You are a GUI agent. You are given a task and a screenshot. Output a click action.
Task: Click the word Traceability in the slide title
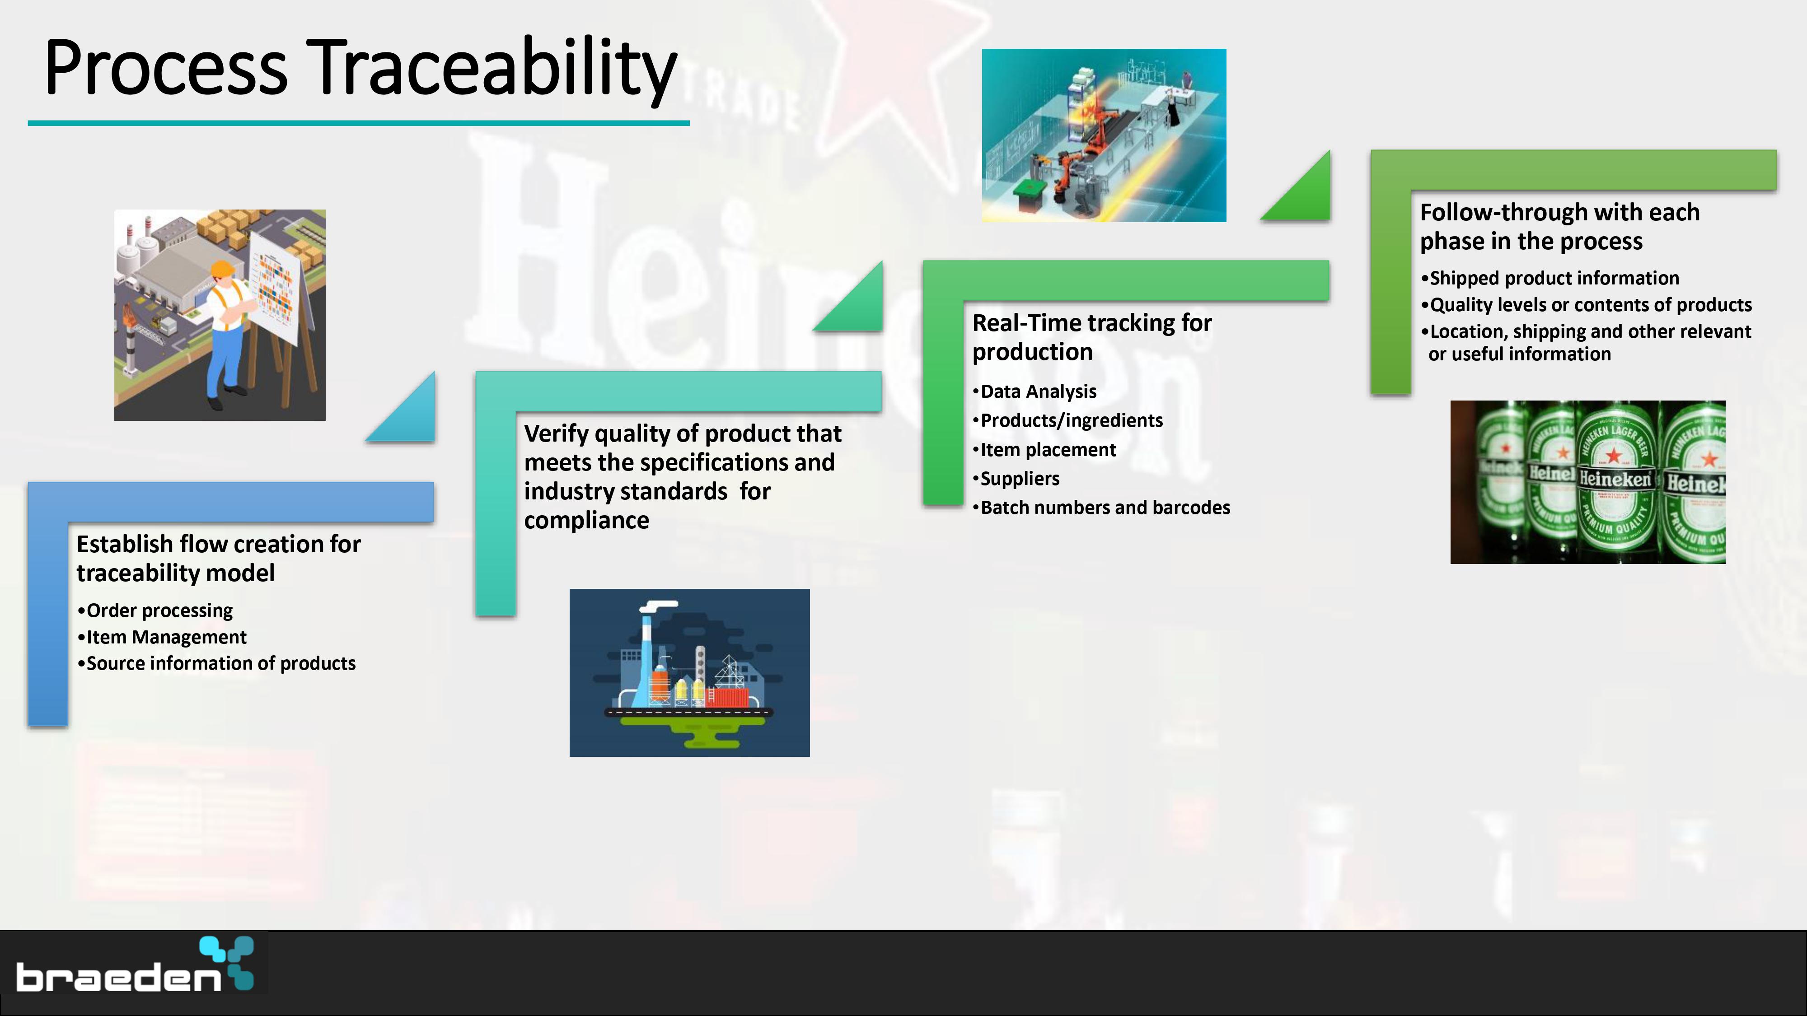click(491, 68)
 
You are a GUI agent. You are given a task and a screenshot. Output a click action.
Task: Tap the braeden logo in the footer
click(135, 964)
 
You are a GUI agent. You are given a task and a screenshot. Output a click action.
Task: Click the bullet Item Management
click(162, 637)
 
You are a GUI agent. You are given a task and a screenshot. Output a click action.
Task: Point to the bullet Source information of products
click(217, 663)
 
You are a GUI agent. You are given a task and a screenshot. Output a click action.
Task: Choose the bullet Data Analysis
click(1035, 391)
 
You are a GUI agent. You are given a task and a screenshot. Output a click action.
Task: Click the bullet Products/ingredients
click(1067, 421)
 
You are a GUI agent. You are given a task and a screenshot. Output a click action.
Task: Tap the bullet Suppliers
click(1016, 479)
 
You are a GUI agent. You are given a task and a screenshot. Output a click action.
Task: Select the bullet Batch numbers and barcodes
click(1101, 508)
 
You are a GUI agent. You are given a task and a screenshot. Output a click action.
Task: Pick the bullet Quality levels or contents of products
click(1587, 305)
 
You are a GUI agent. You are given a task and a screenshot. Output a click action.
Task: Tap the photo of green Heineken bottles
click(1587, 482)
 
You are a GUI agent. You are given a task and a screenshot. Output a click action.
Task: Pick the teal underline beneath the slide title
click(358, 123)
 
